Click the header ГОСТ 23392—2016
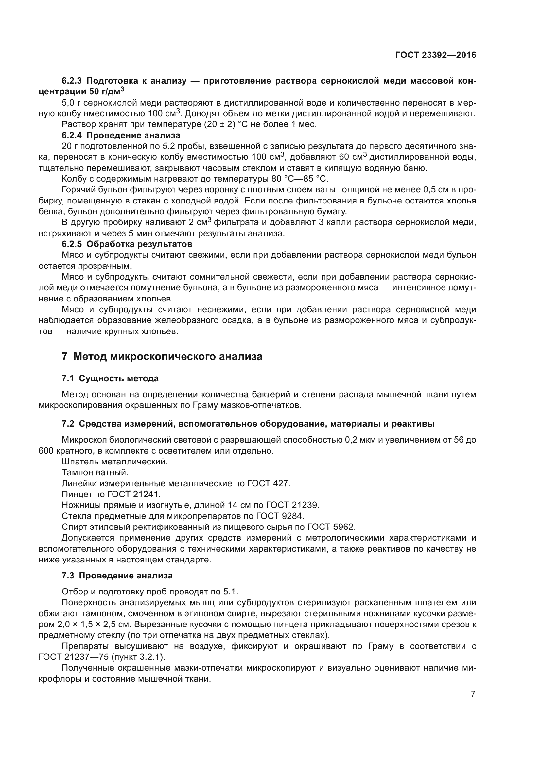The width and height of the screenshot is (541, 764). (435, 55)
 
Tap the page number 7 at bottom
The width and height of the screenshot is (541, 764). (473, 694)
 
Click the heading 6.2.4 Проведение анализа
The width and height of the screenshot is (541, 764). (121, 136)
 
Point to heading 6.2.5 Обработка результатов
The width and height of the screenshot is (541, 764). (127, 244)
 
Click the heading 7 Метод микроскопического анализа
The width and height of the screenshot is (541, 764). (162, 356)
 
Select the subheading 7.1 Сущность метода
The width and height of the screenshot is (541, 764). (110, 378)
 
